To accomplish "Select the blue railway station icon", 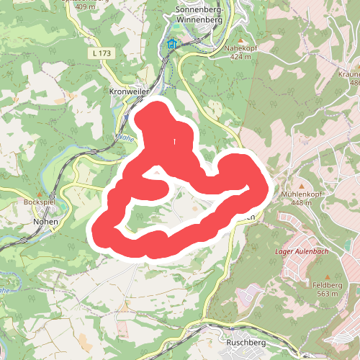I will coord(171,45).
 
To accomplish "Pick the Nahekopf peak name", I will coord(240,50).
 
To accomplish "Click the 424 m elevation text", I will coord(240,58).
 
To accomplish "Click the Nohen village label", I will coord(45,222).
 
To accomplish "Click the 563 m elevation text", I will coord(328,294).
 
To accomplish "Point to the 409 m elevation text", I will coord(84,6).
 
